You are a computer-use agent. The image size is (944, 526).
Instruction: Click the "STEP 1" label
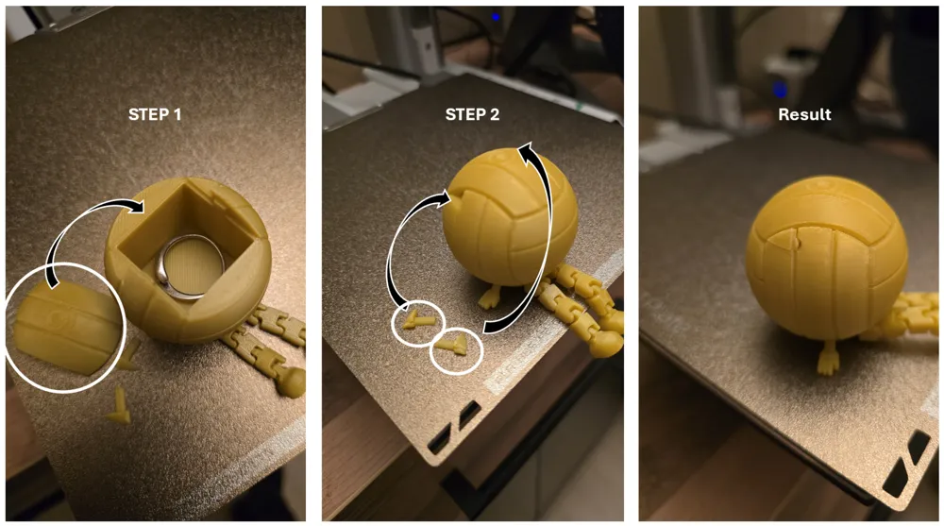pos(155,114)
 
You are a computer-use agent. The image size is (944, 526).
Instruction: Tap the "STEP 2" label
pos(472,114)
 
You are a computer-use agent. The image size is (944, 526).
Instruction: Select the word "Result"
pos(804,114)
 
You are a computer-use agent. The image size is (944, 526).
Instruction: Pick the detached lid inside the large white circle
pos(65,326)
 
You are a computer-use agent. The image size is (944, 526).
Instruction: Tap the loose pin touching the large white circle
pos(127,356)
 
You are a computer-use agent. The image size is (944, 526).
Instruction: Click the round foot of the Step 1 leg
pos(292,382)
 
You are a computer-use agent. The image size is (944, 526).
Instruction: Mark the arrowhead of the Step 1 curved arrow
pos(137,206)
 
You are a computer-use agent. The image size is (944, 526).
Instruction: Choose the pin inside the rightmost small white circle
pos(453,346)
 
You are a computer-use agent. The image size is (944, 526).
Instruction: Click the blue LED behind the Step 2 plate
pos(495,18)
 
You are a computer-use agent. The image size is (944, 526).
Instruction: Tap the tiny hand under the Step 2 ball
pos(489,298)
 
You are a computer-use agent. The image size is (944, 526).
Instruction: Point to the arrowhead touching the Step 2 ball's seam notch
pos(445,195)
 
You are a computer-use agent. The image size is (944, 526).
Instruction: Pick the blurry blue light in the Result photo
pos(780,91)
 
